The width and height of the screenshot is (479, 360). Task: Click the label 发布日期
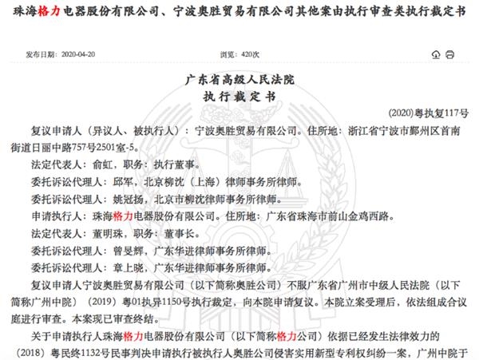(38, 53)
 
